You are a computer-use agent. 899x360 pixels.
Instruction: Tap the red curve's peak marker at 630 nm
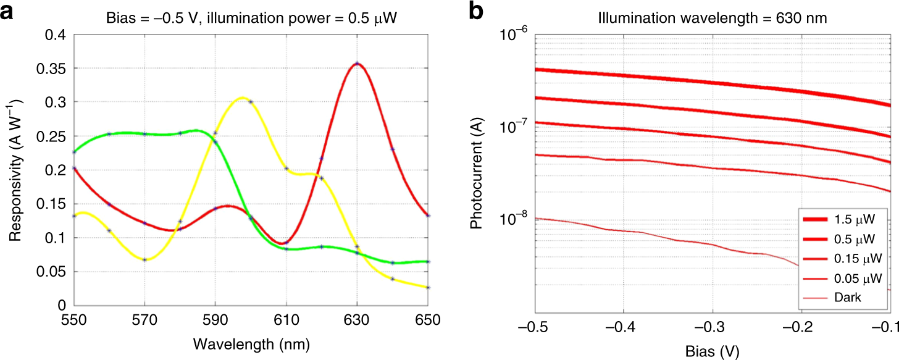point(357,64)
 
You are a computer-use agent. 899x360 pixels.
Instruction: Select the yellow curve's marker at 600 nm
point(251,101)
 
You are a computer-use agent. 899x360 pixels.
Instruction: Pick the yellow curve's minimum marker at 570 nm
point(144,259)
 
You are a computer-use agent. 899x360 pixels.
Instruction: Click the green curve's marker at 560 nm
point(109,133)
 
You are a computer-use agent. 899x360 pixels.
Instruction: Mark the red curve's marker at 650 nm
point(428,216)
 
